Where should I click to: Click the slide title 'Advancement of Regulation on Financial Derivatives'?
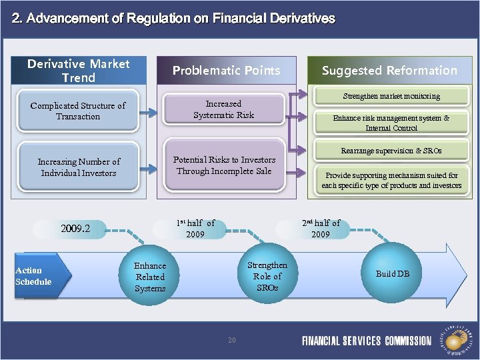[x=173, y=19]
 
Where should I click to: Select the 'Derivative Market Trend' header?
[x=79, y=71]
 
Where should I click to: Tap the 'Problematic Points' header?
[x=226, y=71]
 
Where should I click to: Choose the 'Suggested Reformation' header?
[x=389, y=71]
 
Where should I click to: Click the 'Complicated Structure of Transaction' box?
[x=78, y=111]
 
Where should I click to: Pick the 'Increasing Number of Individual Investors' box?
[x=79, y=167]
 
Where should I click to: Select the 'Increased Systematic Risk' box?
[x=223, y=109]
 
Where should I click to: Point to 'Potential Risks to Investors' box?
[x=224, y=165]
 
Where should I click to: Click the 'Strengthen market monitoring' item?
[x=391, y=96]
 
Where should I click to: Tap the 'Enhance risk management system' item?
[x=391, y=123]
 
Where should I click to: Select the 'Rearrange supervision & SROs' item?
[x=391, y=151]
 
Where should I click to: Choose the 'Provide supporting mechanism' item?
[x=391, y=181]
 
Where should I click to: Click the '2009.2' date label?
[x=75, y=230]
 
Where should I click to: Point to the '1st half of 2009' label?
[x=195, y=229]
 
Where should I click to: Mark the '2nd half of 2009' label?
[x=321, y=229]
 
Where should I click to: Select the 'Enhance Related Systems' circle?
[x=150, y=277]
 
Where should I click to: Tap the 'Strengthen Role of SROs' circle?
[x=267, y=276]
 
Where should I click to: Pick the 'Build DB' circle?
[x=393, y=274]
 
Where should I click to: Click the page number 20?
[x=232, y=340]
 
